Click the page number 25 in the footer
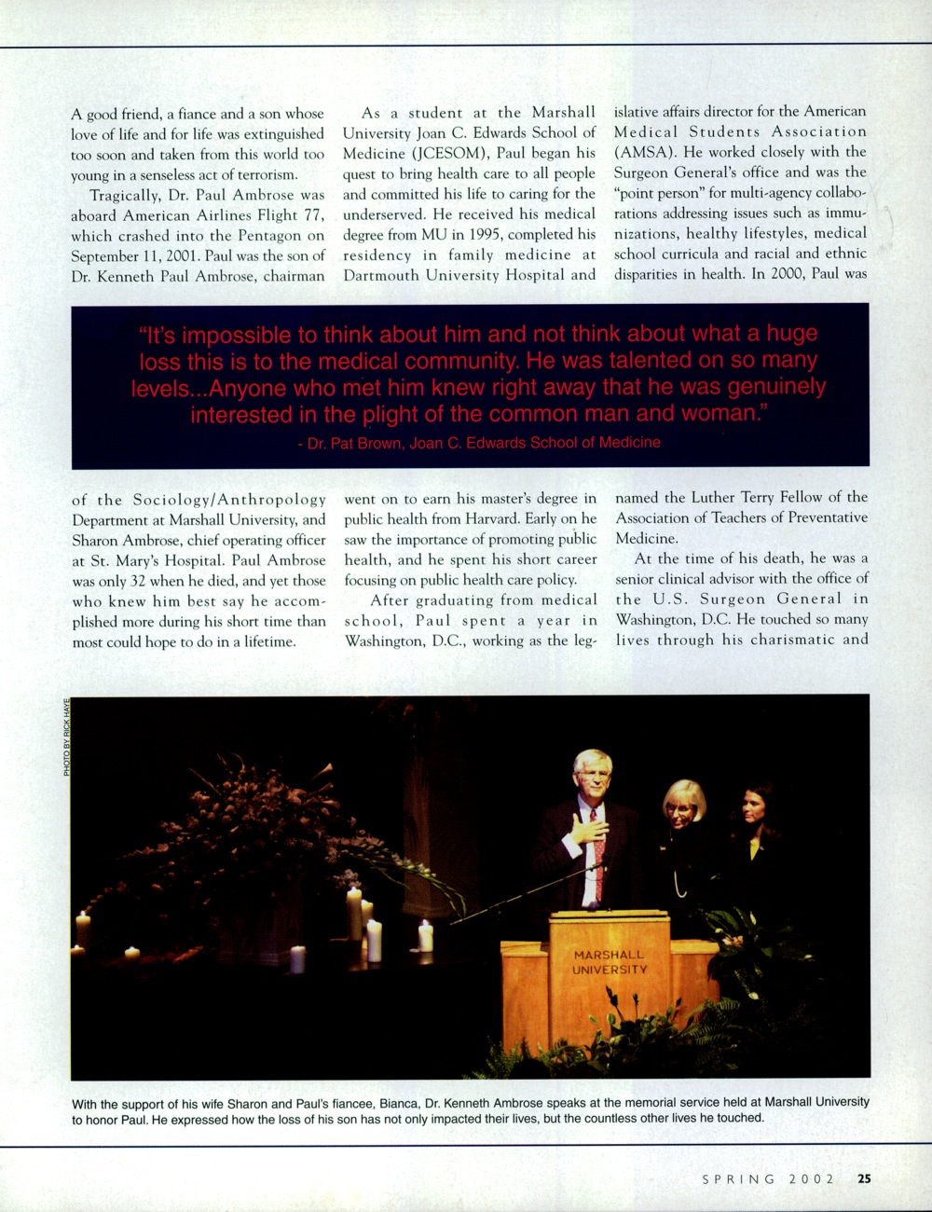[x=864, y=1178]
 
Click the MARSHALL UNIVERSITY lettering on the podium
[x=610, y=962]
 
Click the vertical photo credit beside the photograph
[x=67, y=737]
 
